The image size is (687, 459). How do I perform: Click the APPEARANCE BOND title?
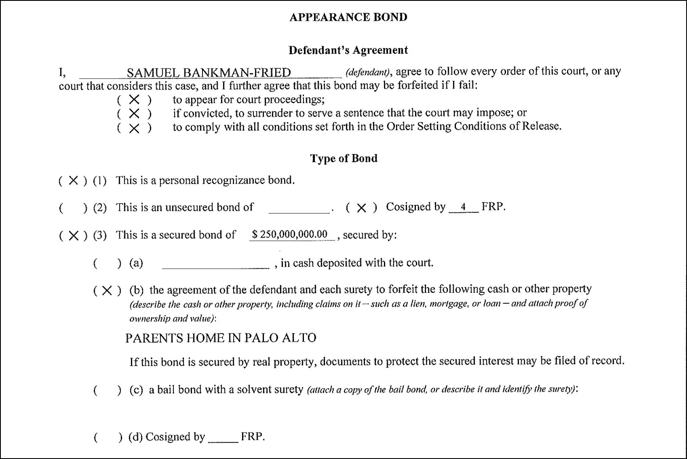tap(348, 17)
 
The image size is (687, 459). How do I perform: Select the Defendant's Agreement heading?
tap(348, 50)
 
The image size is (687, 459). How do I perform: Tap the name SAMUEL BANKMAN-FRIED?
tap(209, 73)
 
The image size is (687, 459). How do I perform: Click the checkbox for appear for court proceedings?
tap(134, 100)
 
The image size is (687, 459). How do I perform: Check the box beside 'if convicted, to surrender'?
tap(134, 113)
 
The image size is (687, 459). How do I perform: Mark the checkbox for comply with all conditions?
tap(134, 128)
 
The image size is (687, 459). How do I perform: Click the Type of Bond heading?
tap(343, 158)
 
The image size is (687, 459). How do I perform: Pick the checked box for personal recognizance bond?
tap(73, 181)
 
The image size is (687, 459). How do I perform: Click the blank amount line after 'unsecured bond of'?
tap(299, 209)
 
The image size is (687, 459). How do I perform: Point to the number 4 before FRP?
tap(463, 207)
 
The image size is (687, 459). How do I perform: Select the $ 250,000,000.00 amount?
tap(290, 235)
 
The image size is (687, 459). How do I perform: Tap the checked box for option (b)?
tap(107, 290)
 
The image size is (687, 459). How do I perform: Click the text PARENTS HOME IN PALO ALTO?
tap(221, 338)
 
